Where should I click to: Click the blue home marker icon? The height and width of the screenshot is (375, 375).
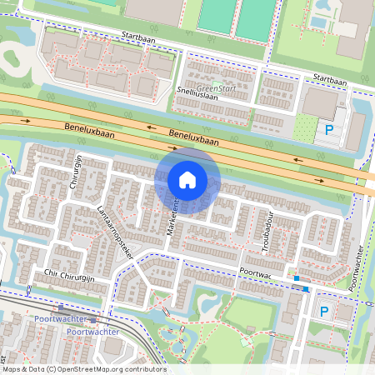point(187,179)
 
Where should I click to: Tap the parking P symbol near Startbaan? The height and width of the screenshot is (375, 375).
point(329,129)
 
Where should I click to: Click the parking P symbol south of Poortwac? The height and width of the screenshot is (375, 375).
point(324,311)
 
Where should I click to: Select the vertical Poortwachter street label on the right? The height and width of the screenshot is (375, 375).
point(357,267)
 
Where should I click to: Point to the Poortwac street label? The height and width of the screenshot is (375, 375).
point(254,272)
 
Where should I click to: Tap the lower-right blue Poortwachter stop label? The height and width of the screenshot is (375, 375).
point(92,331)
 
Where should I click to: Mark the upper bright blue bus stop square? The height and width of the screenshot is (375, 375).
point(296,278)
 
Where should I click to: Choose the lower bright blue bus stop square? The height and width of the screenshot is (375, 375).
point(307,289)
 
